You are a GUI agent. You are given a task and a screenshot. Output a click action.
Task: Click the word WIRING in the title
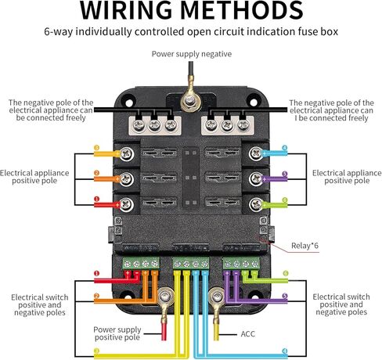[x=126, y=10]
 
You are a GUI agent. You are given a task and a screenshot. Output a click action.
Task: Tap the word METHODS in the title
[x=242, y=10]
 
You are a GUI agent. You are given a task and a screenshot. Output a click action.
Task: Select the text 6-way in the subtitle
[x=58, y=32]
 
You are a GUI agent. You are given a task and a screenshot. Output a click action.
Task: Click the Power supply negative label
[x=192, y=54]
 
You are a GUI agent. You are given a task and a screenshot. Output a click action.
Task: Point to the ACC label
[x=247, y=334]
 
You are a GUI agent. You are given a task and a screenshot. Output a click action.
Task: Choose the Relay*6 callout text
[x=305, y=246]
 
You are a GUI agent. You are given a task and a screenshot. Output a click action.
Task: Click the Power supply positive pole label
[x=117, y=333]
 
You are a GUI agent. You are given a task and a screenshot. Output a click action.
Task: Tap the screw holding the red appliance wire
[x=127, y=204]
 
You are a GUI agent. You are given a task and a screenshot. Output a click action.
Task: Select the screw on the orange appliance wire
[x=127, y=179]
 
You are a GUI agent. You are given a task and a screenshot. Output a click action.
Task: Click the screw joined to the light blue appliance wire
[x=256, y=153]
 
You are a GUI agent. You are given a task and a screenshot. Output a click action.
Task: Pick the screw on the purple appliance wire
[x=256, y=179]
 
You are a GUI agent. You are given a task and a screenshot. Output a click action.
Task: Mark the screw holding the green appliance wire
[x=256, y=204]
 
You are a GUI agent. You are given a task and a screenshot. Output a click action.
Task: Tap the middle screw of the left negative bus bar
[x=155, y=125]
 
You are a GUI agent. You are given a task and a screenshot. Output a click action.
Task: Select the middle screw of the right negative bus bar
[x=227, y=125]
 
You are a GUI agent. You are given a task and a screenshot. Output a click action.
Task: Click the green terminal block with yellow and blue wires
[x=191, y=264]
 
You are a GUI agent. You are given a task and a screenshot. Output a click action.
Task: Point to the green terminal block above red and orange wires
[x=141, y=263]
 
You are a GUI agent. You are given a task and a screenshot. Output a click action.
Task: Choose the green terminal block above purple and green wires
[x=241, y=263]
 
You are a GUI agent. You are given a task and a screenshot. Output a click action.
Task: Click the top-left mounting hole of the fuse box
[x=129, y=103]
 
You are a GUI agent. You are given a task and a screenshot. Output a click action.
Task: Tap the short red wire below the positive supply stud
[x=164, y=331]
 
